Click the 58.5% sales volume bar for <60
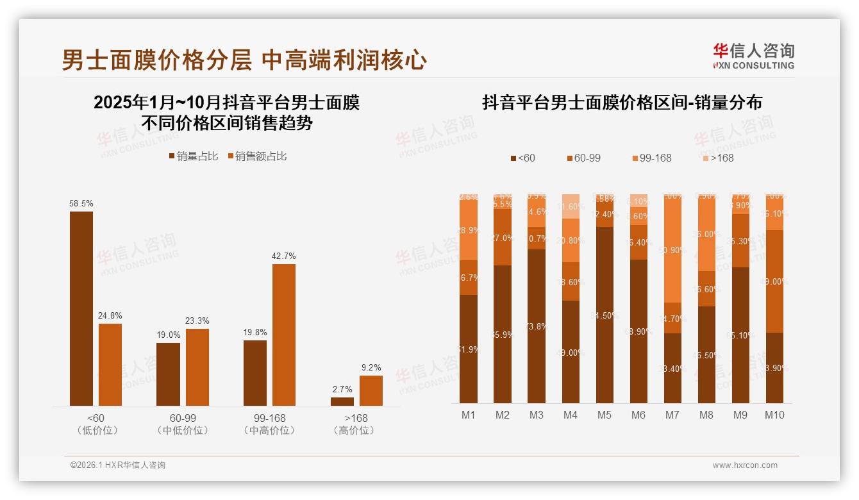(x=81, y=308)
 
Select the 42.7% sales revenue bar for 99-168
(x=283, y=335)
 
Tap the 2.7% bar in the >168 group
(x=342, y=401)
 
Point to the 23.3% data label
(x=197, y=321)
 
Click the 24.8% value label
(x=110, y=315)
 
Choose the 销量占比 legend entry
(x=194, y=156)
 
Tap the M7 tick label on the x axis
(x=672, y=415)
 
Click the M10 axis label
(x=774, y=415)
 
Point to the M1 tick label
(x=469, y=415)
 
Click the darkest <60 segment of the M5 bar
(x=604, y=315)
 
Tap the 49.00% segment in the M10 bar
(x=774, y=281)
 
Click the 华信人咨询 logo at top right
(x=753, y=56)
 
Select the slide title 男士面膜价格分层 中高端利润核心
(x=244, y=60)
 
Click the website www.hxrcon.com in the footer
(x=745, y=465)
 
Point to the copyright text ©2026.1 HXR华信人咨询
(x=118, y=465)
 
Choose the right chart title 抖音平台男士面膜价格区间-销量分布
(x=622, y=103)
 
